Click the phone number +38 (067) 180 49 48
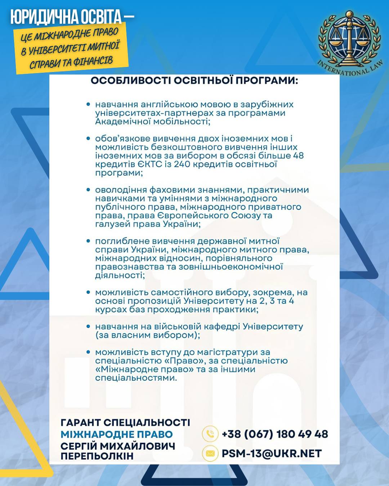click(x=275, y=434)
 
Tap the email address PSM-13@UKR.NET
click(x=271, y=454)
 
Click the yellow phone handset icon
click(x=210, y=434)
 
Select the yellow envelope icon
click(x=210, y=454)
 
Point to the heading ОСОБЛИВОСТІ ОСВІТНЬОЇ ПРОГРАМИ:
click(x=194, y=80)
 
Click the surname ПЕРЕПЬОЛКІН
click(x=97, y=456)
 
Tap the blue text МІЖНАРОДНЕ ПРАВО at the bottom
click(x=117, y=435)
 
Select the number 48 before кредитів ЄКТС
click(x=299, y=156)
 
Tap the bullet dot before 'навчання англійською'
click(x=88, y=104)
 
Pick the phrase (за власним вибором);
click(x=148, y=335)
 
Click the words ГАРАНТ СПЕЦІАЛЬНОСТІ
click(x=125, y=423)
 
